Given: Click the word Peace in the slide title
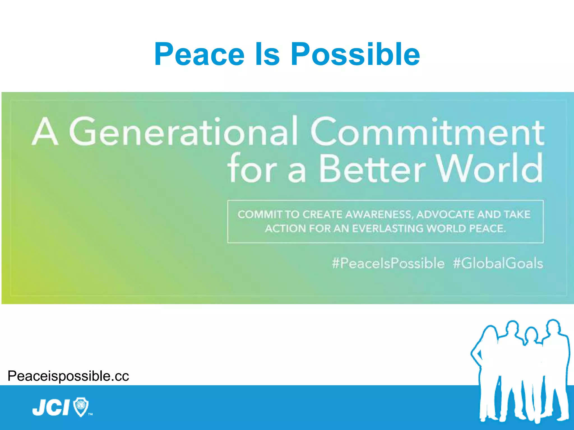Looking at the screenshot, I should coord(199,54).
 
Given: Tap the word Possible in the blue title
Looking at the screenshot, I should coord(355,54).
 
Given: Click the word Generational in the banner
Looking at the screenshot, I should coord(184,132).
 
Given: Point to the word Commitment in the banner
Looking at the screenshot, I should coord(427,132).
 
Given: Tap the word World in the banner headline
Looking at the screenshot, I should coord(490,169).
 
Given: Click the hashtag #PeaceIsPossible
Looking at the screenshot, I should coord(388,263).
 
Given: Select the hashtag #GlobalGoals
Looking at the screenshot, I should coord(498,263).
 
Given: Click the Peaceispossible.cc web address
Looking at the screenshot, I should coord(68,376).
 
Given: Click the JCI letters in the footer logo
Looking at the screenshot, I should coord(51,407).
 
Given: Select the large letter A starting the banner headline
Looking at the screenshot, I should coord(45,132).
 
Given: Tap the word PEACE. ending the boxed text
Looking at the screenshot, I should coord(487,229).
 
